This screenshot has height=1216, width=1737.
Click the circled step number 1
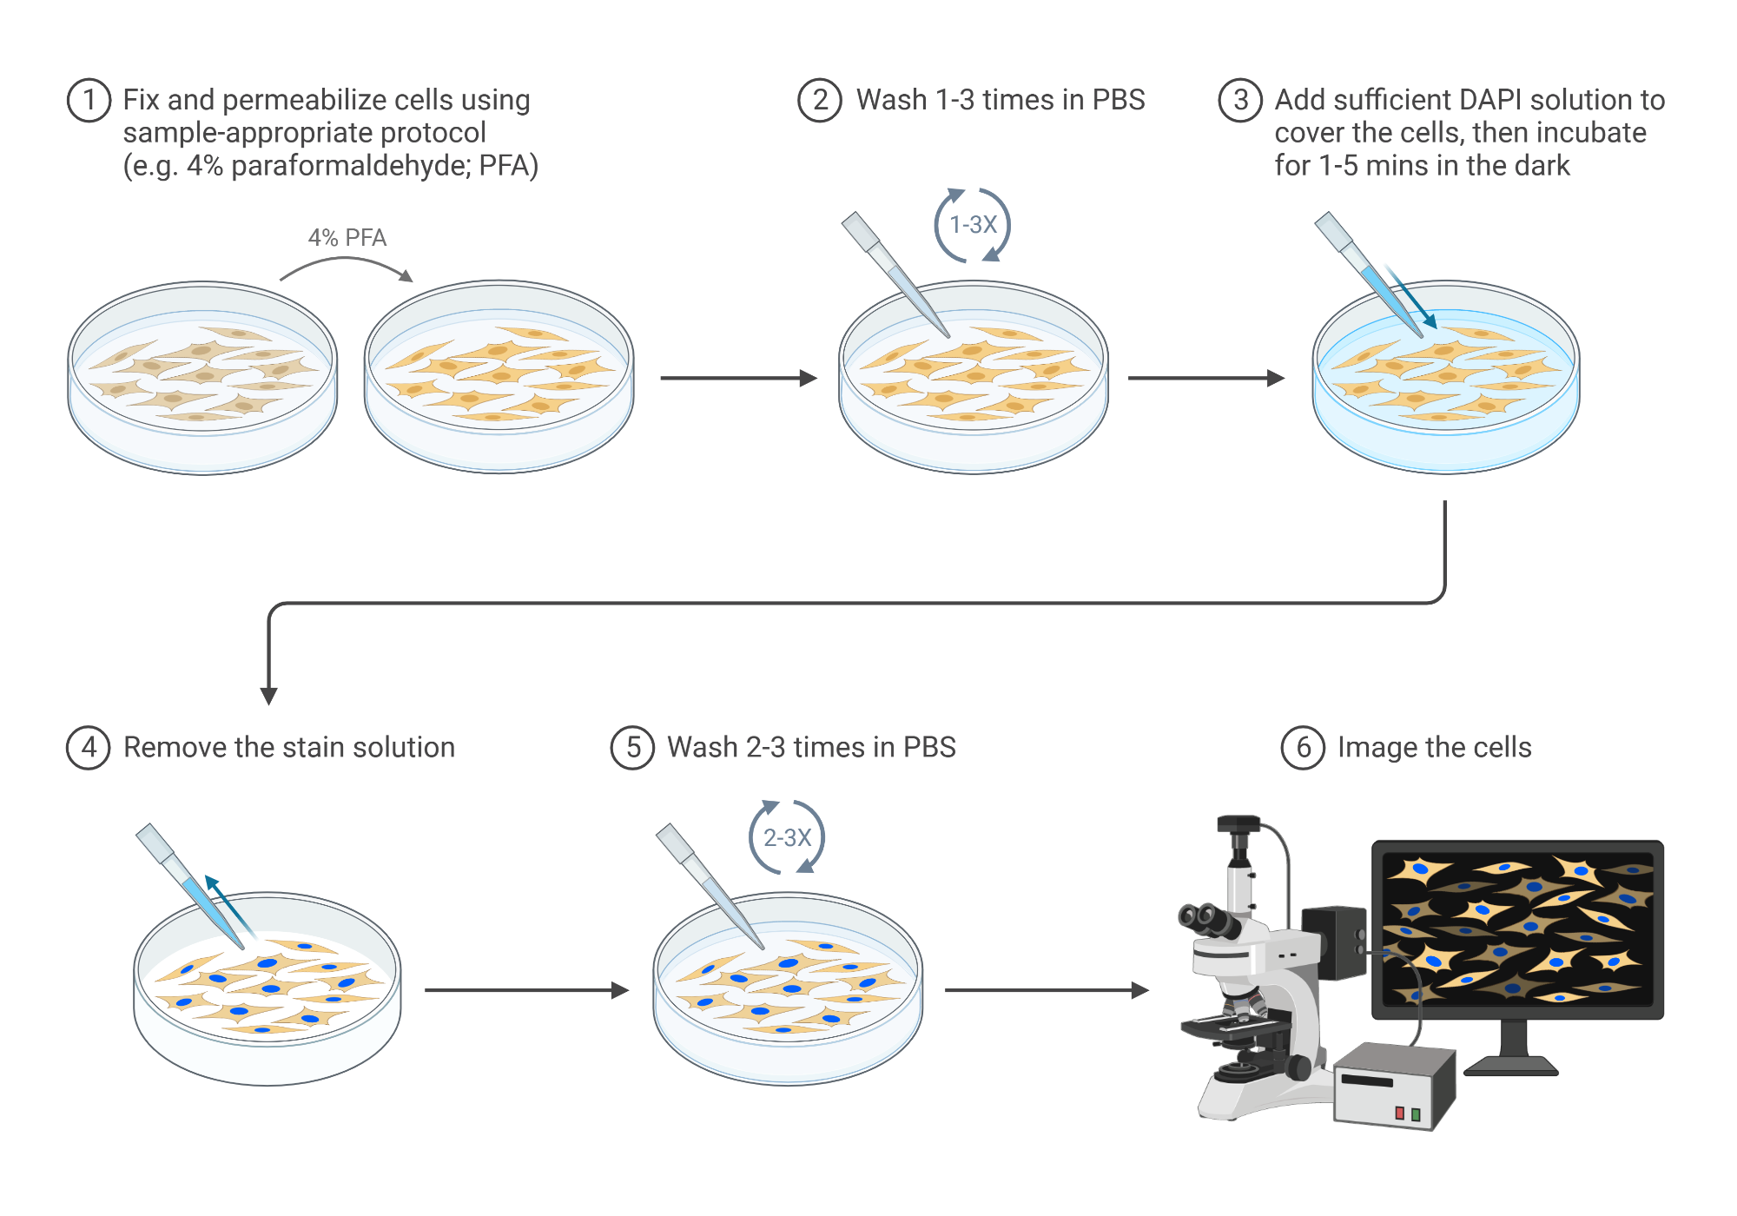tap(89, 101)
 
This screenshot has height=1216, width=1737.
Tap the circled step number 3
tap(1240, 101)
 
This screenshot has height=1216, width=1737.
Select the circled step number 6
tap(1303, 748)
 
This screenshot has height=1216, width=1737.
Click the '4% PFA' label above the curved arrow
tap(347, 238)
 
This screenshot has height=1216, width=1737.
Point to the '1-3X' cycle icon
tap(973, 225)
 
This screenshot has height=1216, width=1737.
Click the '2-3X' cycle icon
tap(787, 837)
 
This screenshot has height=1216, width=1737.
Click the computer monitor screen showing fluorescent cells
tap(1518, 928)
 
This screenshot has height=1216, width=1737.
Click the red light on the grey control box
tap(1399, 1114)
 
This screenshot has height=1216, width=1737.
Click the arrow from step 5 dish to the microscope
tap(1046, 990)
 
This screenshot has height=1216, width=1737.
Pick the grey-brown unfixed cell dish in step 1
tap(202, 378)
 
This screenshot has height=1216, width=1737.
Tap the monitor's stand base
tap(1512, 1065)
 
